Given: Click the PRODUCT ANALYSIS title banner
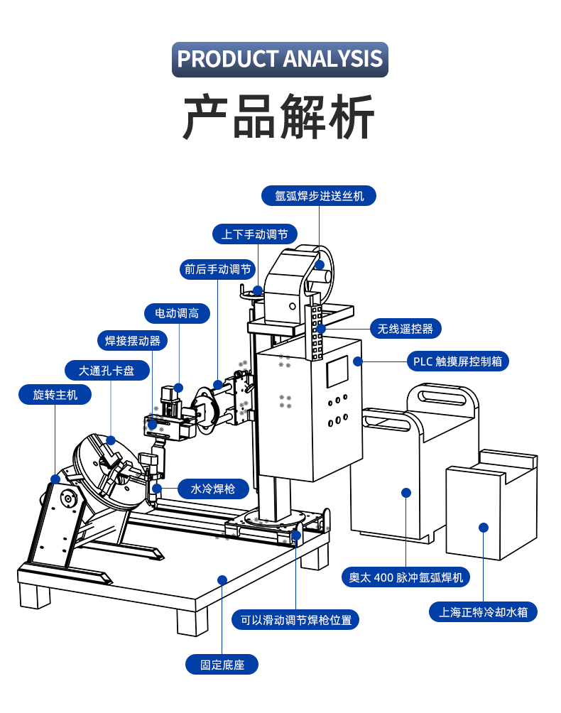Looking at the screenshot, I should [280, 59].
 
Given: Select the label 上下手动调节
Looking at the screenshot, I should [254, 234].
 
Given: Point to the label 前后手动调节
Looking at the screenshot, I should [218, 269].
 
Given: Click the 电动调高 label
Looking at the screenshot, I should [177, 313].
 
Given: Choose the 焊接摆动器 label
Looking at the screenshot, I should [133, 341].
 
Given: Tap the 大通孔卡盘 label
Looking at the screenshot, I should [107, 370].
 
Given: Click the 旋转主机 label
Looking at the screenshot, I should [55, 394].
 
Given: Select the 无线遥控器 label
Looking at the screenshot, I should [405, 329].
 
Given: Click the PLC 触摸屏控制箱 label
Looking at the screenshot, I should [458, 361].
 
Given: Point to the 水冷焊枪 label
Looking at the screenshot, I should [209, 489].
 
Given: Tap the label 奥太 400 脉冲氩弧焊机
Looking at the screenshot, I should [405, 577].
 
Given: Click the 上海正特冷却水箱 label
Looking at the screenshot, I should [484, 611].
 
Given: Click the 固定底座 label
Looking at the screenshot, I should [222, 665].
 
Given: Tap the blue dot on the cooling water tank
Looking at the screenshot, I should [484, 528].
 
